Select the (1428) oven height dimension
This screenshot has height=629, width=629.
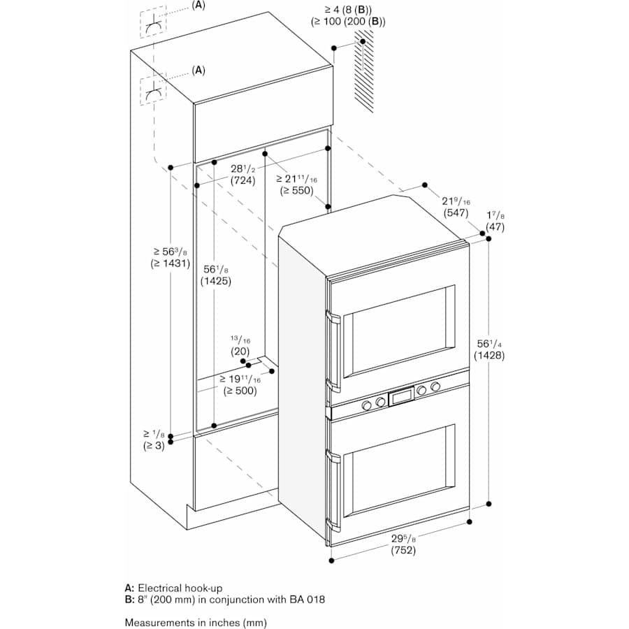coord(489,355)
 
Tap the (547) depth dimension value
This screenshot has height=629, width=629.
coord(456,213)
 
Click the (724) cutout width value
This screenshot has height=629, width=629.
coord(243,180)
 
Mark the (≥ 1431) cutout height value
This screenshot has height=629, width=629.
coord(170,263)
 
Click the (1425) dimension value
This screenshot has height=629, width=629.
coord(215,281)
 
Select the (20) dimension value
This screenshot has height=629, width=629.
coord(240,352)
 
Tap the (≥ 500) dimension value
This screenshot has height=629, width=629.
coord(242,391)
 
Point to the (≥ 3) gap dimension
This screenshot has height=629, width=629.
coord(154,445)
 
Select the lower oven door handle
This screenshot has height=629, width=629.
coord(335,489)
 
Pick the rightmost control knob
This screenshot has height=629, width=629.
coord(436,386)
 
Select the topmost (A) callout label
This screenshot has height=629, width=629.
coord(198,6)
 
